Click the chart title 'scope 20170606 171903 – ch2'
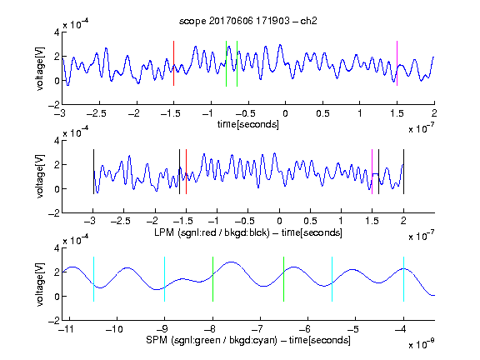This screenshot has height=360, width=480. (248, 21)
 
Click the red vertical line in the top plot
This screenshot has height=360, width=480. (173, 63)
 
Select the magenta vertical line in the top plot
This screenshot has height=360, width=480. (397, 63)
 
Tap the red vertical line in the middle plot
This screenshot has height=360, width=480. (186, 172)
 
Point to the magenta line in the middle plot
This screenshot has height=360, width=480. (372, 172)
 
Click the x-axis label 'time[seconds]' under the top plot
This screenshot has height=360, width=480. (248, 124)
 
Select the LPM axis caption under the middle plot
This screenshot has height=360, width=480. (248, 232)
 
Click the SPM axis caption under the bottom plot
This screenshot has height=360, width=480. (248, 340)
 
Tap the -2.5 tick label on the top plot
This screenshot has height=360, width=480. (96, 113)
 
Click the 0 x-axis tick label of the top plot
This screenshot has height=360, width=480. (285, 113)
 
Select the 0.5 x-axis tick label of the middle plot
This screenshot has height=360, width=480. (310, 221)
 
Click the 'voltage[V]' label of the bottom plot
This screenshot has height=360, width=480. (40, 284)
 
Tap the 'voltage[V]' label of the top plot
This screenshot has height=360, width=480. (40, 68)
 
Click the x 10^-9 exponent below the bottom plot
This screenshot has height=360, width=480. (421, 343)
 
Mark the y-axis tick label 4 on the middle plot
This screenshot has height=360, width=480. (57, 141)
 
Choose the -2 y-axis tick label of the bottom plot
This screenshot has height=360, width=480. (54, 321)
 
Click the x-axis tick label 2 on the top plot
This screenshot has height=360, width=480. (434, 113)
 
